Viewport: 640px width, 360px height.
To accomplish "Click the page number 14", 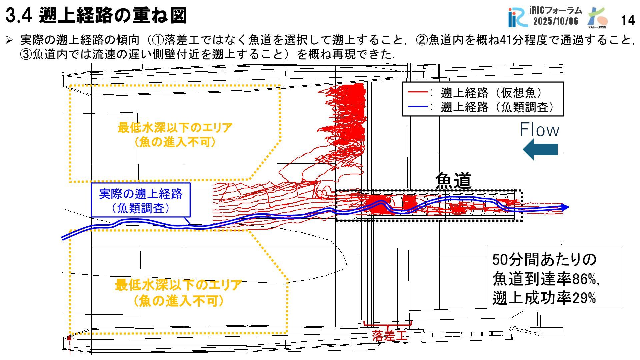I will pos(628,20).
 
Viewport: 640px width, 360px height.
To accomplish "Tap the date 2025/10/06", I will pos(556,21).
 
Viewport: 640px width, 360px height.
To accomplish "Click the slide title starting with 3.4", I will pos(96,16).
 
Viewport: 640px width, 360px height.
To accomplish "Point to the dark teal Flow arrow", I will pos(540,149).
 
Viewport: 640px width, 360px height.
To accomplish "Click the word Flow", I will pos(539,130).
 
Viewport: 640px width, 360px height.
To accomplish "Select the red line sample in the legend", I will pos(418,92).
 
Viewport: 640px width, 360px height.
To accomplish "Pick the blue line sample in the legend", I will pos(418,107).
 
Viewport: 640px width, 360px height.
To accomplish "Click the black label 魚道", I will pos(453,181).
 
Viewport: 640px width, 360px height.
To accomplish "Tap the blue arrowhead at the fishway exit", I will pos(565,207).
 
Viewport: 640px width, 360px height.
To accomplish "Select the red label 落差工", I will pos(389,335).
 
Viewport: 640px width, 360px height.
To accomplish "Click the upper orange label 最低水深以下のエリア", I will pos(175,128).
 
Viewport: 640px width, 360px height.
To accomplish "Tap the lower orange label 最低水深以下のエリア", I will pos(178,285).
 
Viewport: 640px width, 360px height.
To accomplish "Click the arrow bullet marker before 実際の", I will pos(10,40).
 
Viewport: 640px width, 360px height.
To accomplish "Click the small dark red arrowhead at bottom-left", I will pos(70,338).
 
